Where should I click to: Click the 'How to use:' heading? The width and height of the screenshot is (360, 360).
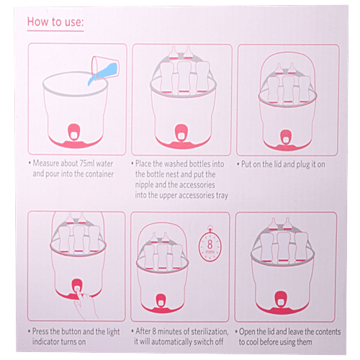point(55,22)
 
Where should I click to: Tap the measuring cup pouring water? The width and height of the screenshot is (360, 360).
point(105,68)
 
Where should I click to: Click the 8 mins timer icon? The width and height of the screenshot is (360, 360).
point(210,245)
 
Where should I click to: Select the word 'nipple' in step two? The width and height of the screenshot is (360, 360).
point(144,185)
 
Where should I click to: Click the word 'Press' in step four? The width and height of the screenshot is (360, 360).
point(41,331)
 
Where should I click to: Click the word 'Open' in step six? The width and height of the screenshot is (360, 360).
point(247,332)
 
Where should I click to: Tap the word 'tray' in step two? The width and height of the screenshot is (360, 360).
point(222,196)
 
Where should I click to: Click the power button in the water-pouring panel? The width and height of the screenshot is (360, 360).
point(74,132)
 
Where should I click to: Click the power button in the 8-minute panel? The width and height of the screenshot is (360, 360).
point(161,301)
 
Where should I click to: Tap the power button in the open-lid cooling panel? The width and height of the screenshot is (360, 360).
point(280,299)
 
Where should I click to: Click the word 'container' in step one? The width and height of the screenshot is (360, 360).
point(99,174)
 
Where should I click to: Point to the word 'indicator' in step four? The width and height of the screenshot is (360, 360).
point(45,342)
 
